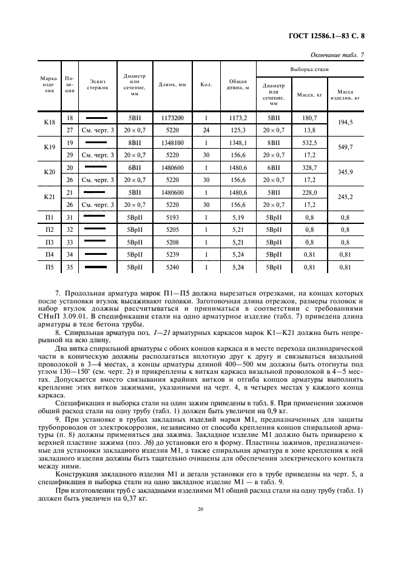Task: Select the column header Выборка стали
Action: pyautogui.click(x=309, y=70)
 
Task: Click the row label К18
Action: pyautogui.click(x=50, y=123)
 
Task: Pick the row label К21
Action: pyautogui.click(x=50, y=198)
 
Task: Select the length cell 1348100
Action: pyautogui.click(x=173, y=142)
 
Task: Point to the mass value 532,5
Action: pyautogui.click(x=309, y=142)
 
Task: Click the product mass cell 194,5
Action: pyautogui.click(x=345, y=123)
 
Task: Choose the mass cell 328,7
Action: pyautogui.click(x=309, y=167)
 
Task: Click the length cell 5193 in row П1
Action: pyautogui.click(x=173, y=217)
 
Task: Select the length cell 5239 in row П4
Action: pyautogui.click(x=173, y=254)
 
